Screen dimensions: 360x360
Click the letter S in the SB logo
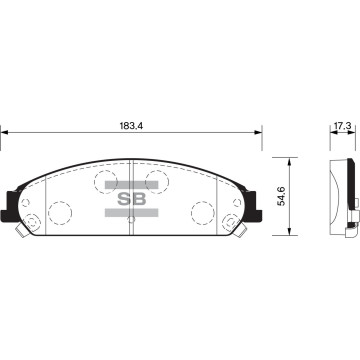pyautogui.click(x=124, y=199)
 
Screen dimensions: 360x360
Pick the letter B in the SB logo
pyautogui.click(x=139, y=199)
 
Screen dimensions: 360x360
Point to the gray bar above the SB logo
pyautogui.click(x=131, y=185)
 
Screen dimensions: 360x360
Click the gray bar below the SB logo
pyautogui.click(x=131, y=213)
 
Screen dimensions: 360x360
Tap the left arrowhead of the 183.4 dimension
pyautogui.click(x=4, y=132)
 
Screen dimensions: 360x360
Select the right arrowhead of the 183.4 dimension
pyautogui.click(x=258, y=132)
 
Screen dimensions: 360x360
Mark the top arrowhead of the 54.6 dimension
pyautogui.click(x=289, y=161)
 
